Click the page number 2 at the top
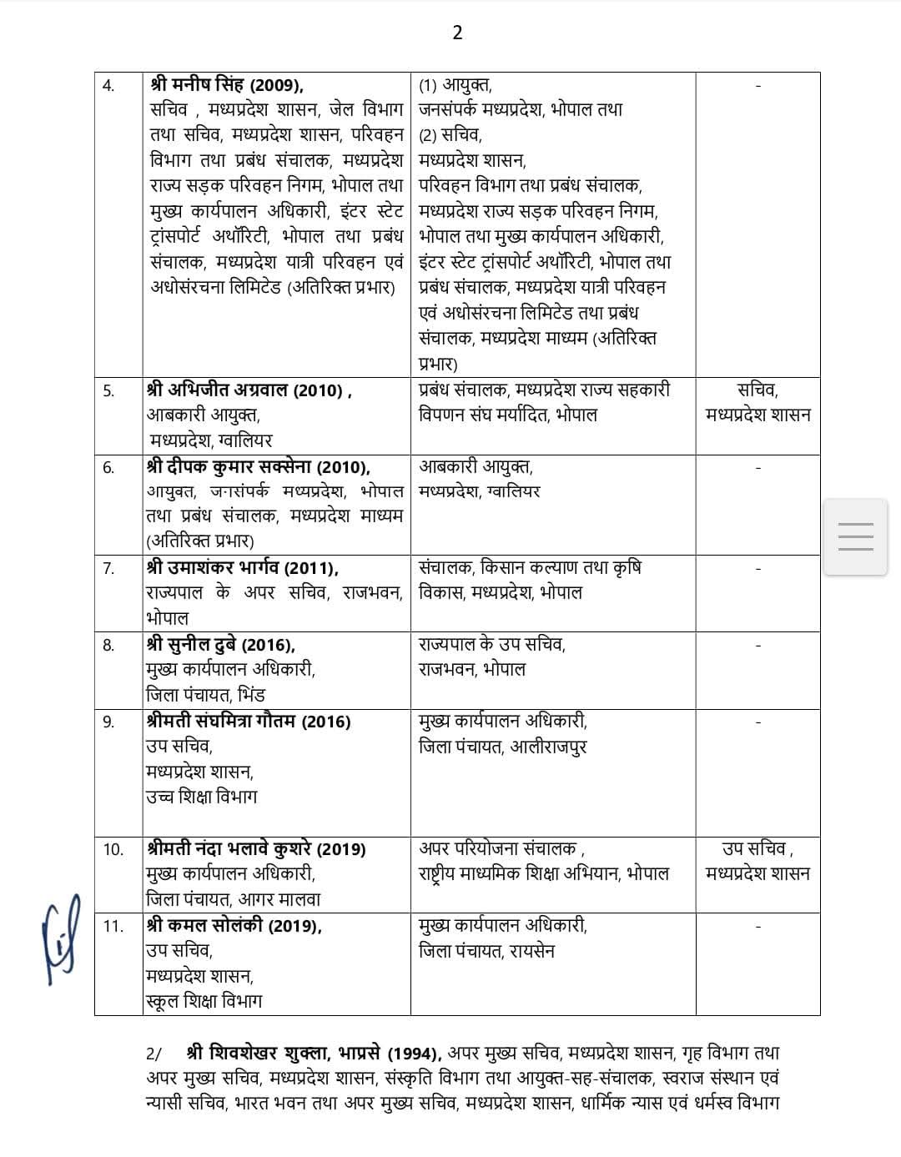(457, 33)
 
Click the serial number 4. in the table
(109, 85)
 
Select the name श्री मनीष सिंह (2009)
(227, 84)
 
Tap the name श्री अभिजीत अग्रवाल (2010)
(248, 390)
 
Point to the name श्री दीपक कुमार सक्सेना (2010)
(258, 466)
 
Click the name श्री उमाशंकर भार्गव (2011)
(242, 568)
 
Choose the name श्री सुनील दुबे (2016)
(220, 644)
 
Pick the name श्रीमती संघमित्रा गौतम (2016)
(248, 721)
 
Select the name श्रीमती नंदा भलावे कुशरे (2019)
(255, 848)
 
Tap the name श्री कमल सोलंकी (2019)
(234, 925)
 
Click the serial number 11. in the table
(113, 926)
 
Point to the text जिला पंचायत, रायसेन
(486, 951)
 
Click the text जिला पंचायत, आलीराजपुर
(502, 747)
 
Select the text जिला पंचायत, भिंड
(205, 695)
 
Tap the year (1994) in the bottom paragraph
(416, 1054)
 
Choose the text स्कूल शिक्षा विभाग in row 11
(204, 1001)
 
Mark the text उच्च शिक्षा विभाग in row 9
(201, 797)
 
